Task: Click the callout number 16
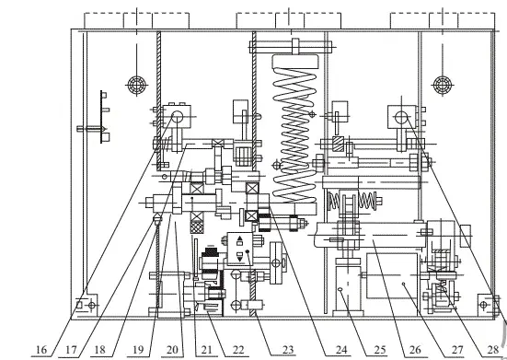[40, 350]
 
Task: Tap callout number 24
[342, 350]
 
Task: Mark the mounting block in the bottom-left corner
[86, 304]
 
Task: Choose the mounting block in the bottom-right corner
[489, 302]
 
